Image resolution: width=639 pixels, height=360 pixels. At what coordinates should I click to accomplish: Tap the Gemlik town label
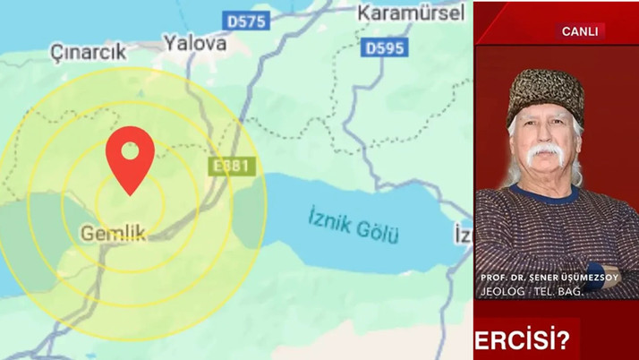click(x=113, y=232)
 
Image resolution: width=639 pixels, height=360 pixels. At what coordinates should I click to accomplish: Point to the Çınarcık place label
click(x=88, y=52)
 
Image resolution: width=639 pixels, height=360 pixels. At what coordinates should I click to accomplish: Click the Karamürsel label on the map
click(x=411, y=13)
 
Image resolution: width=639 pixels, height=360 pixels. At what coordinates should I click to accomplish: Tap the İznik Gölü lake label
click(x=354, y=224)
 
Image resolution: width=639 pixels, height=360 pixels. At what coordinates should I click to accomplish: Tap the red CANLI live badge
click(x=579, y=30)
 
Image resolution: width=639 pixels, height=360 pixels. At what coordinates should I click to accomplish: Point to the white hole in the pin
click(x=130, y=148)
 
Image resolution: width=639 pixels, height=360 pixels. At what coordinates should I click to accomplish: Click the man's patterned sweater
click(x=555, y=233)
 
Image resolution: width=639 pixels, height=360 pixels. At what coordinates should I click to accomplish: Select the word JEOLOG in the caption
click(x=498, y=290)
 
